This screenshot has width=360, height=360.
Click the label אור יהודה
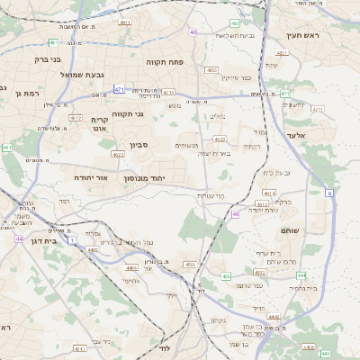click(x=90, y=178)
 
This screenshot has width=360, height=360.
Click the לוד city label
click(x=165, y=347)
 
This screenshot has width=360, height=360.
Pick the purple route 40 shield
click(x=193, y=32)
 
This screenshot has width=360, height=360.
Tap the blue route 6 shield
click(x=330, y=193)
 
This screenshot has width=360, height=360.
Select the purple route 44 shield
click(x=19, y=238)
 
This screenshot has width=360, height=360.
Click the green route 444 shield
click(x=301, y=274)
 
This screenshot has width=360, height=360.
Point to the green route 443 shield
click(x=326, y=354)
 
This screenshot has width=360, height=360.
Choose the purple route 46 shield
click(x=235, y=214)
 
